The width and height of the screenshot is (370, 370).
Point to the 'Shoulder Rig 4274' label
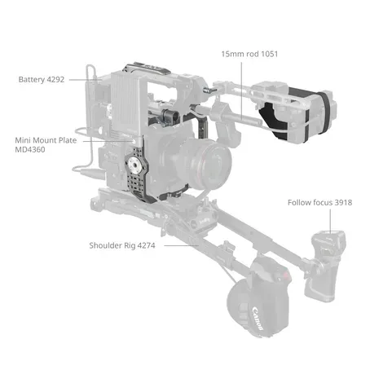point(125,244)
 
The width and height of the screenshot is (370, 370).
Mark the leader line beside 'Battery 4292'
point(85,80)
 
